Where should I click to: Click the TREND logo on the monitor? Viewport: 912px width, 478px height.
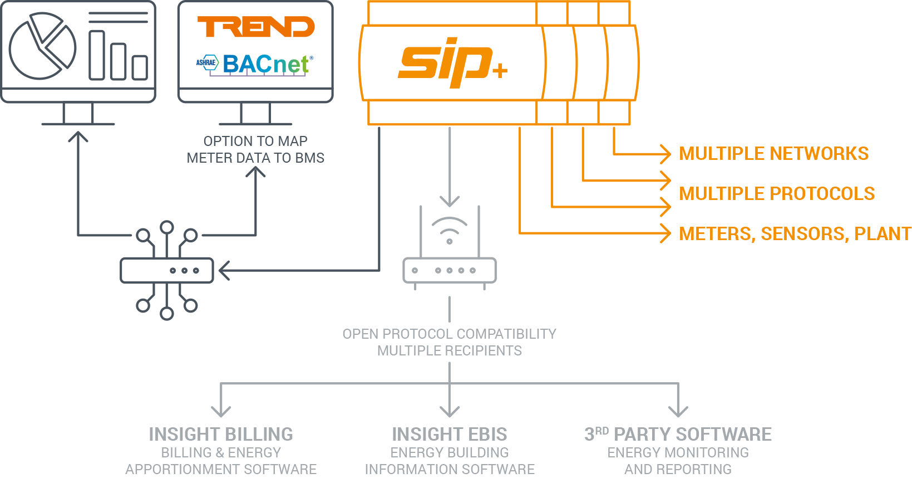256,27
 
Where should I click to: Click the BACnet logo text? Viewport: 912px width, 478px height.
266,65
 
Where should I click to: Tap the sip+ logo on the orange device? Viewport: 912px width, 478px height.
452,62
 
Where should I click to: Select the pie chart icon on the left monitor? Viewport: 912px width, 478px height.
42,46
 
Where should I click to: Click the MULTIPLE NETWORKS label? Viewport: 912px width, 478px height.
773,153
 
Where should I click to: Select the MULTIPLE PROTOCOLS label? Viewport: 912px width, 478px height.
777,193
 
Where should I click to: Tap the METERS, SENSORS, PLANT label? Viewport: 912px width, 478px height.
795,233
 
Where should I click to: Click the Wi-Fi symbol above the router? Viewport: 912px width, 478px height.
450,230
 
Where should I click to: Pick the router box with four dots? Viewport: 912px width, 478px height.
450,270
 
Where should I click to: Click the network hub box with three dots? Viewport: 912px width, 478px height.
167,271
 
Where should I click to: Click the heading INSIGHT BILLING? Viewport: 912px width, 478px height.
221,434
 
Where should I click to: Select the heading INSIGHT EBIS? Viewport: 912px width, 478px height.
450,434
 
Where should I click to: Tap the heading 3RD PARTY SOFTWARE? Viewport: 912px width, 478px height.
678,434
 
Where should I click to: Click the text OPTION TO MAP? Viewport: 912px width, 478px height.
255,141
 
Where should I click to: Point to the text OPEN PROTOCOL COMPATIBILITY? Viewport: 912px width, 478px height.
450,334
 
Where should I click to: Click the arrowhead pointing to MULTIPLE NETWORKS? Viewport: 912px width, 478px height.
665,153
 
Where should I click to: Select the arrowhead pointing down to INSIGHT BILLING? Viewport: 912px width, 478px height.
221,412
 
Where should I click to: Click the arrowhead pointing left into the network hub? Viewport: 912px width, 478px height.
224,271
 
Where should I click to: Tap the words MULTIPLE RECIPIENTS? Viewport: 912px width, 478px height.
450,350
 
